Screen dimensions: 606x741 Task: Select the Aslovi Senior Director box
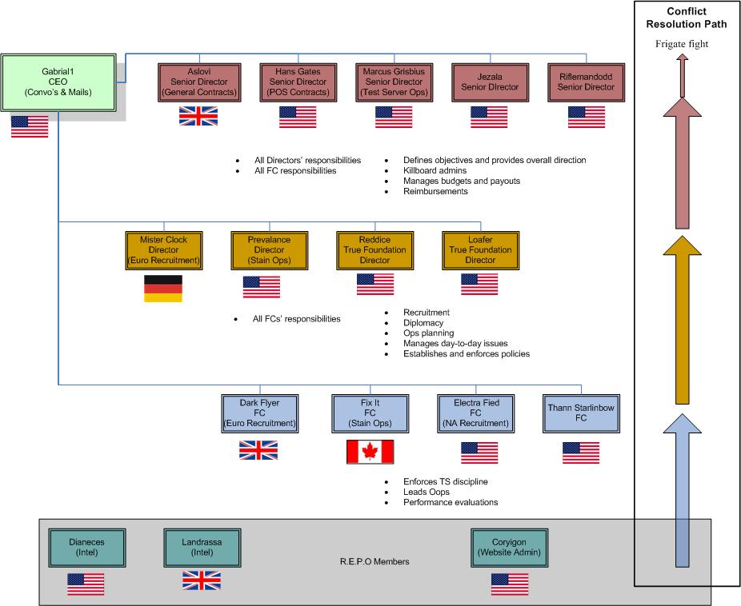(x=199, y=82)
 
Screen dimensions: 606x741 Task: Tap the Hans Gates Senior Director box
(x=298, y=82)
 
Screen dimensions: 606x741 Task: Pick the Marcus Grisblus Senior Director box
(x=394, y=82)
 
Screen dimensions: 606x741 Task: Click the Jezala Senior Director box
(x=487, y=82)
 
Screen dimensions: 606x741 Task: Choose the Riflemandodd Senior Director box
(x=586, y=82)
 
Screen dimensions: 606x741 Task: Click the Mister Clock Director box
(x=162, y=249)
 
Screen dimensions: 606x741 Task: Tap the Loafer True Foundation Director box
(x=480, y=249)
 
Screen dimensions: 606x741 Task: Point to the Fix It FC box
(x=370, y=413)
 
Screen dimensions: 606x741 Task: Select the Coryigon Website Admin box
(x=509, y=546)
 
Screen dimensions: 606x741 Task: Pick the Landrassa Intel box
(x=201, y=546)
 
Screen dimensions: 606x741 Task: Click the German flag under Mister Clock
(x=162, y=289)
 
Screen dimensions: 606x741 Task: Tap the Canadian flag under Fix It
(x=370, y=453)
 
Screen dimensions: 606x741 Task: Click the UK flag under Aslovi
(x=198, y=117)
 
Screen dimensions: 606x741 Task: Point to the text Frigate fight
(x=681, y=44)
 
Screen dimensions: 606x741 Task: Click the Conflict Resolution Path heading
(x=686, y=18)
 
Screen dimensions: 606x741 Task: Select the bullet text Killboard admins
(x=435, y=170)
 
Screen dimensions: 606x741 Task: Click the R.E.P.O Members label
(x=374, y=562)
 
